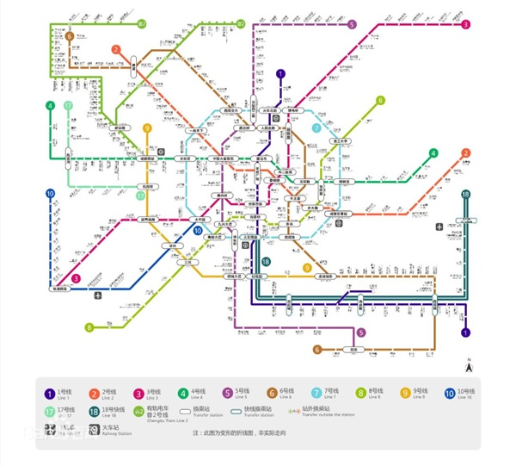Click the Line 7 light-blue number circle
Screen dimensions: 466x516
[317, 127]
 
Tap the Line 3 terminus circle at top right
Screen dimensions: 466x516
[465, 24]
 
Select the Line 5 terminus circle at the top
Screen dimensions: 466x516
[353, 24]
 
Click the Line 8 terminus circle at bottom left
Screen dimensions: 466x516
[89, 327]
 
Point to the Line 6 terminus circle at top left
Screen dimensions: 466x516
[68, 36]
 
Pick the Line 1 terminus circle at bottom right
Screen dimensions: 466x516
[466, 332]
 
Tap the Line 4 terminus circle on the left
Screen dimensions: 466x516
[52, 106]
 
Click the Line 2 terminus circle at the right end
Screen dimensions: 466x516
[465, 153]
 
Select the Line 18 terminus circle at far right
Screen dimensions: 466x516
[465, 195]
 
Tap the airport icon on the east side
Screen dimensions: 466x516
[440, 227]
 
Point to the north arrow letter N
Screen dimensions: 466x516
[469, 358]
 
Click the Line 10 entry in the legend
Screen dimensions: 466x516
[450, 395]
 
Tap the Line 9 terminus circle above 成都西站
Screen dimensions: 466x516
[147, 128]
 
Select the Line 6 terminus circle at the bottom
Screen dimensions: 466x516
[317, 350]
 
